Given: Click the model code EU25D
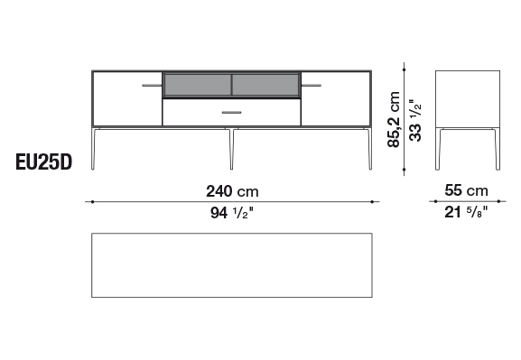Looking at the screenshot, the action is click(44, 162).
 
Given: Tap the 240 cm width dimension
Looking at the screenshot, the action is click(232, 191).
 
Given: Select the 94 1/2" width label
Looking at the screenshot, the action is click(232, 213).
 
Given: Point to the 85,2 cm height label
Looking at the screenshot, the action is click(394, 119).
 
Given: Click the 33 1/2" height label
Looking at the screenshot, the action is click(415, 120).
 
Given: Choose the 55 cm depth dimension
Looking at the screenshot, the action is click(467, 190).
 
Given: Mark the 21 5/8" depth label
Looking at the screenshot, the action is click(467, 212).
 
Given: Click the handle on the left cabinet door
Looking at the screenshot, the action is click(152, 86).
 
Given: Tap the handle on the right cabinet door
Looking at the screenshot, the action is click(312, 86).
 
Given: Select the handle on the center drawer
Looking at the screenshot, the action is click(231, 113).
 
